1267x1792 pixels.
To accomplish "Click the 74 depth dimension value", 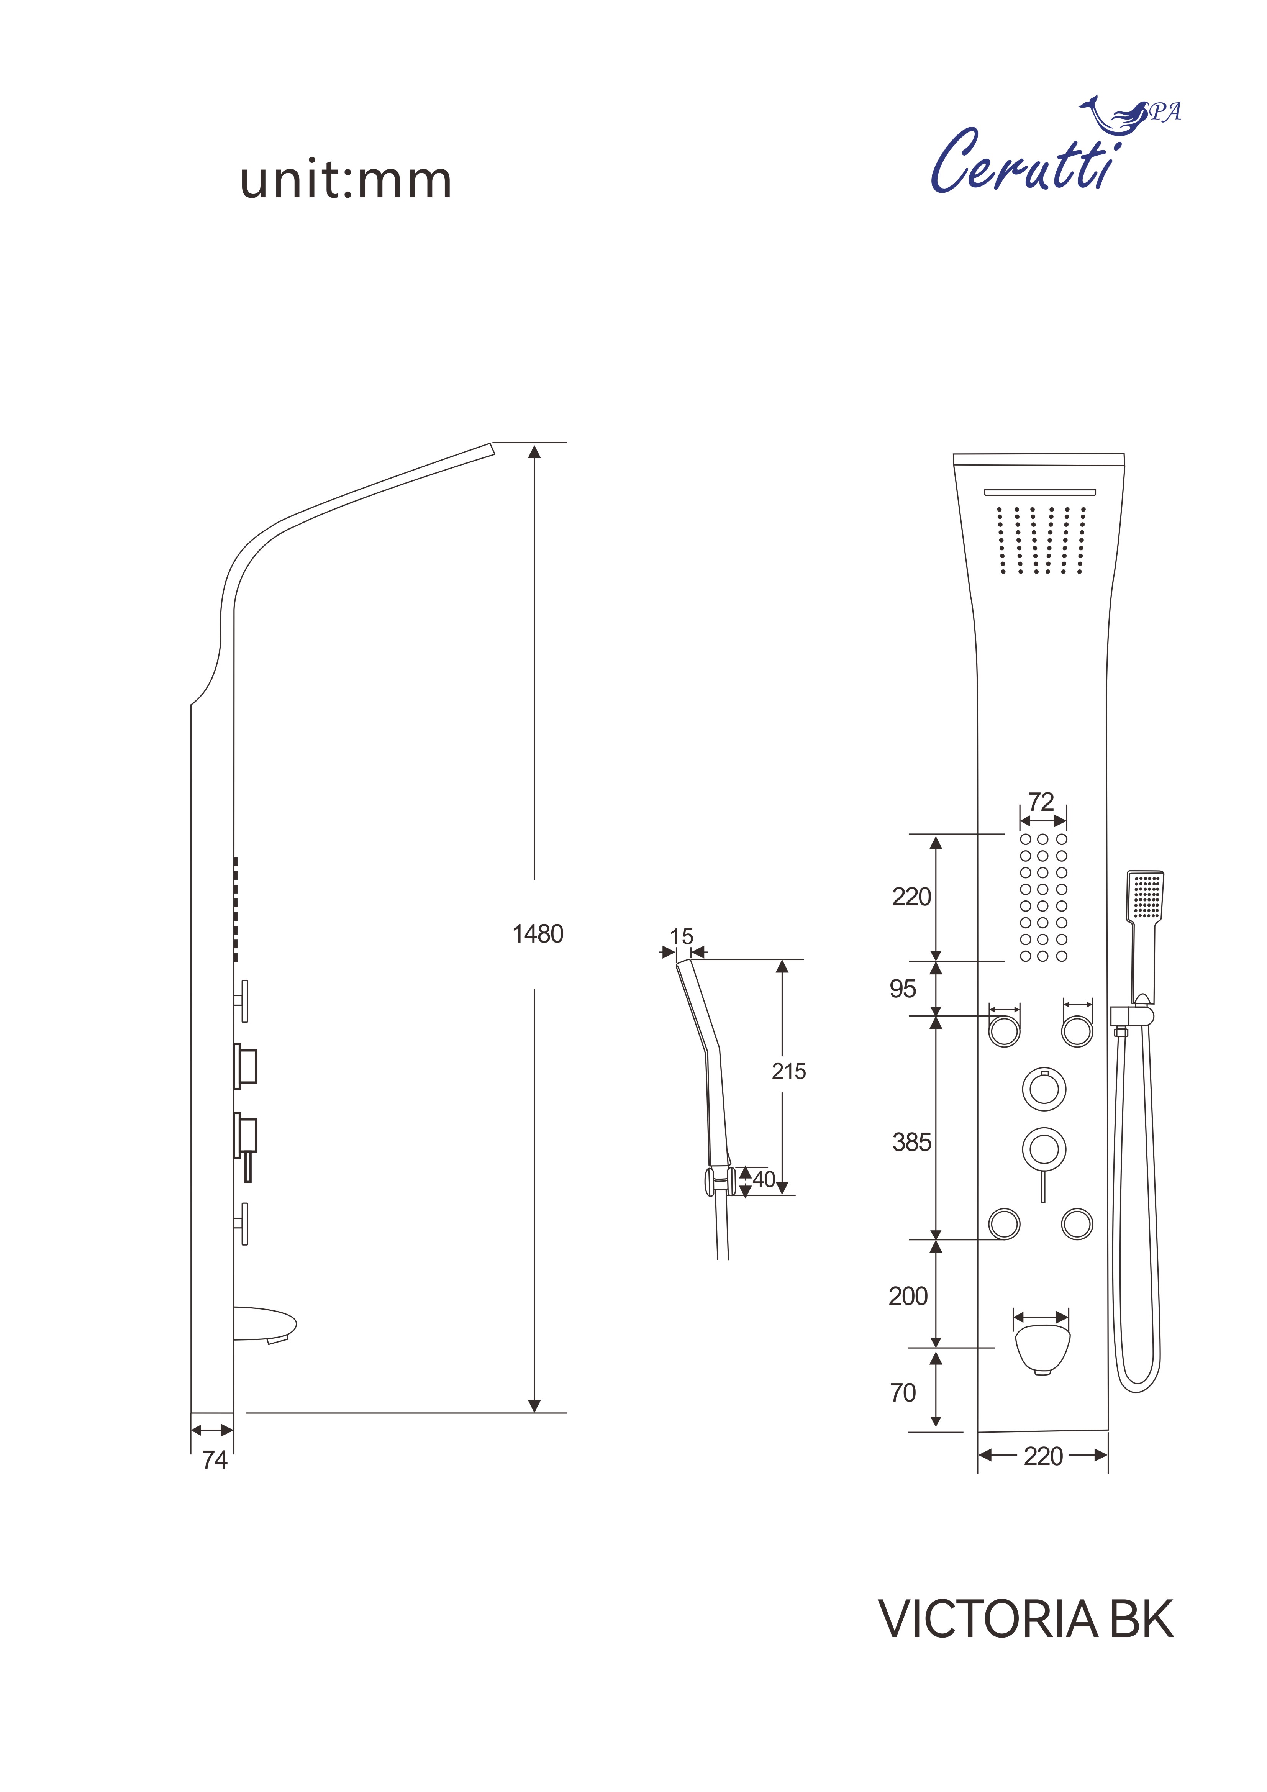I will tap(215, 1459).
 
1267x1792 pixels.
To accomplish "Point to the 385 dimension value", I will tap(912, 1143).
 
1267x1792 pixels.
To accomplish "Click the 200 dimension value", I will tap(908, 1296).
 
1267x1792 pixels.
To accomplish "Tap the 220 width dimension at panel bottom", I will tap(1043, 1456).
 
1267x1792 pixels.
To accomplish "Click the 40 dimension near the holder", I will tap(764, 1179).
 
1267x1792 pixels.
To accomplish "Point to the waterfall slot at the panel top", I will tap(1040, 492).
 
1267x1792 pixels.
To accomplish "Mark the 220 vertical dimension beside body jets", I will tap(912, 897).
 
